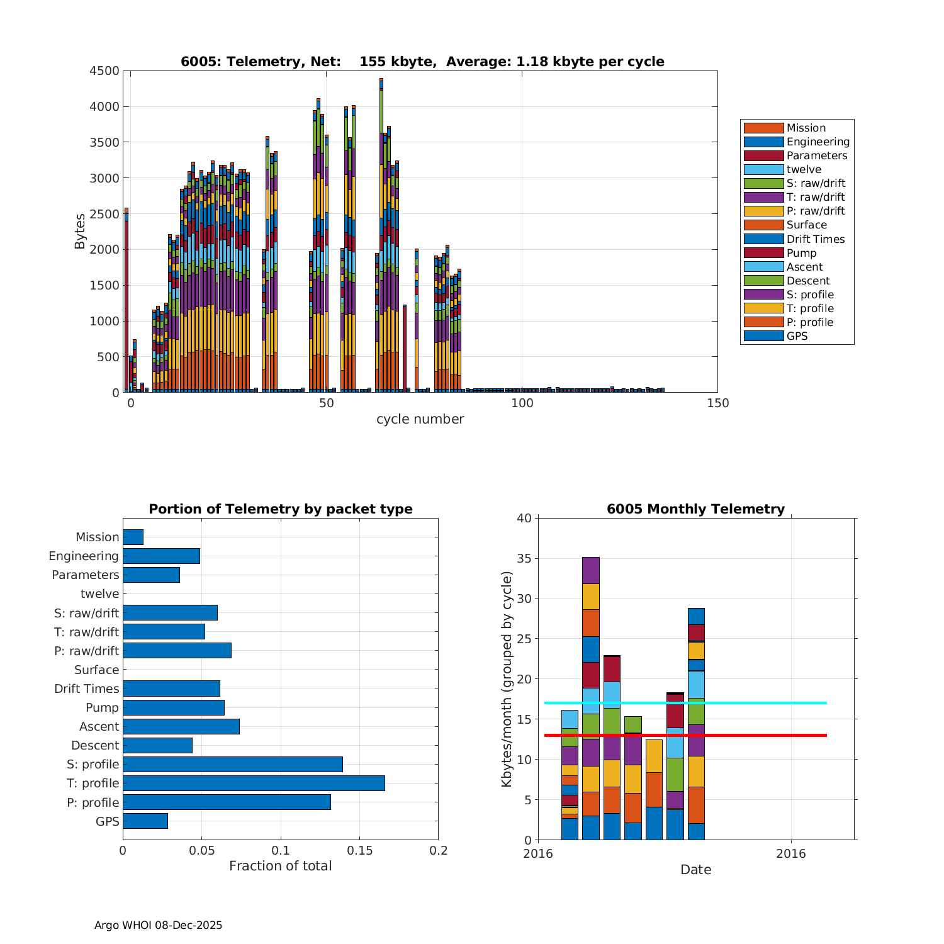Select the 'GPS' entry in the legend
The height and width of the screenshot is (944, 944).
797,336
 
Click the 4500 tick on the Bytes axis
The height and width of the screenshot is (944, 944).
104,71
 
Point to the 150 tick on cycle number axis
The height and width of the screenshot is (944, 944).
718,403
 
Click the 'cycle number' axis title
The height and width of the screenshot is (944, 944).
420,419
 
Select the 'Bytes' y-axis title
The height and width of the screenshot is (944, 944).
80,232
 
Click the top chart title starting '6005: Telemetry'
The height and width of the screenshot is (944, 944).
422,62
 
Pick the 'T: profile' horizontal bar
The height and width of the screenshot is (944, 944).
254,783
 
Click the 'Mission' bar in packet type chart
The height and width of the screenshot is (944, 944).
133,537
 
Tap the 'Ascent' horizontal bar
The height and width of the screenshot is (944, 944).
181,726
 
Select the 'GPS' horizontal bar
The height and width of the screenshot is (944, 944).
145,821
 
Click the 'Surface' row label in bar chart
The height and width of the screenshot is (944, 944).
96,670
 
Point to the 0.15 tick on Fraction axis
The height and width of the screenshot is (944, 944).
359,851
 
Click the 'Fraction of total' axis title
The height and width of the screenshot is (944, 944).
280,866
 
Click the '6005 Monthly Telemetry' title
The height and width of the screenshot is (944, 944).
695,509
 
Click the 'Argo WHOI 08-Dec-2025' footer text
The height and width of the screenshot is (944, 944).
158,925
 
